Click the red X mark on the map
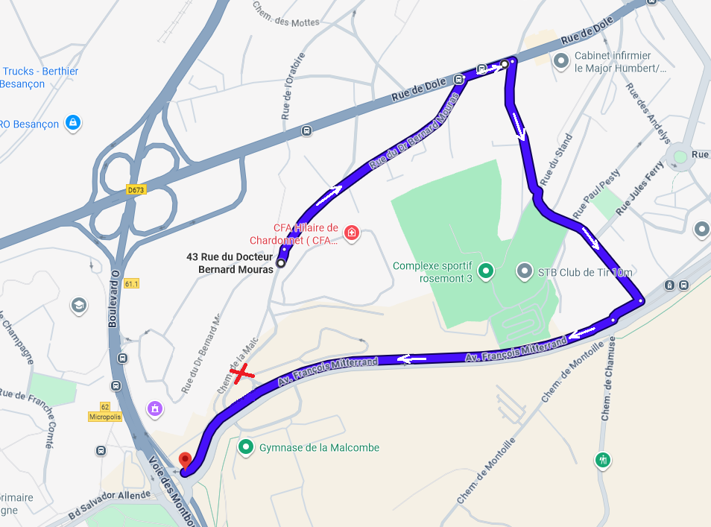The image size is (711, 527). tap(241, 375)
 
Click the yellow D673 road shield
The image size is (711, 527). tap(136, 190)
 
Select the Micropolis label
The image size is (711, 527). tap(104, 416)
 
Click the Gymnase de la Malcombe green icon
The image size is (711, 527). tap(246, 447)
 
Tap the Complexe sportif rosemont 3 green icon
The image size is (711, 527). tap(486, 271)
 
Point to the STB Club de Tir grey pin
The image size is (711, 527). tap(525, 271)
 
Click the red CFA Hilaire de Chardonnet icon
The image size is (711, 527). tap(352, 234)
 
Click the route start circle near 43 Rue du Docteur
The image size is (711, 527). tap(281, 262)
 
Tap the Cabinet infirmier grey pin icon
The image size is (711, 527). tap(561, 61)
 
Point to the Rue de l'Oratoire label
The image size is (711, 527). tap(294, 86)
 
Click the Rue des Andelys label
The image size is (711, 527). tap(648, 112)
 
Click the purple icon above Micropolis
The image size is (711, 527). tap(155, 408)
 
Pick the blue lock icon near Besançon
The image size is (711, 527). tap(72, 122)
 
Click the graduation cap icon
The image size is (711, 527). tap(79, 305)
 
